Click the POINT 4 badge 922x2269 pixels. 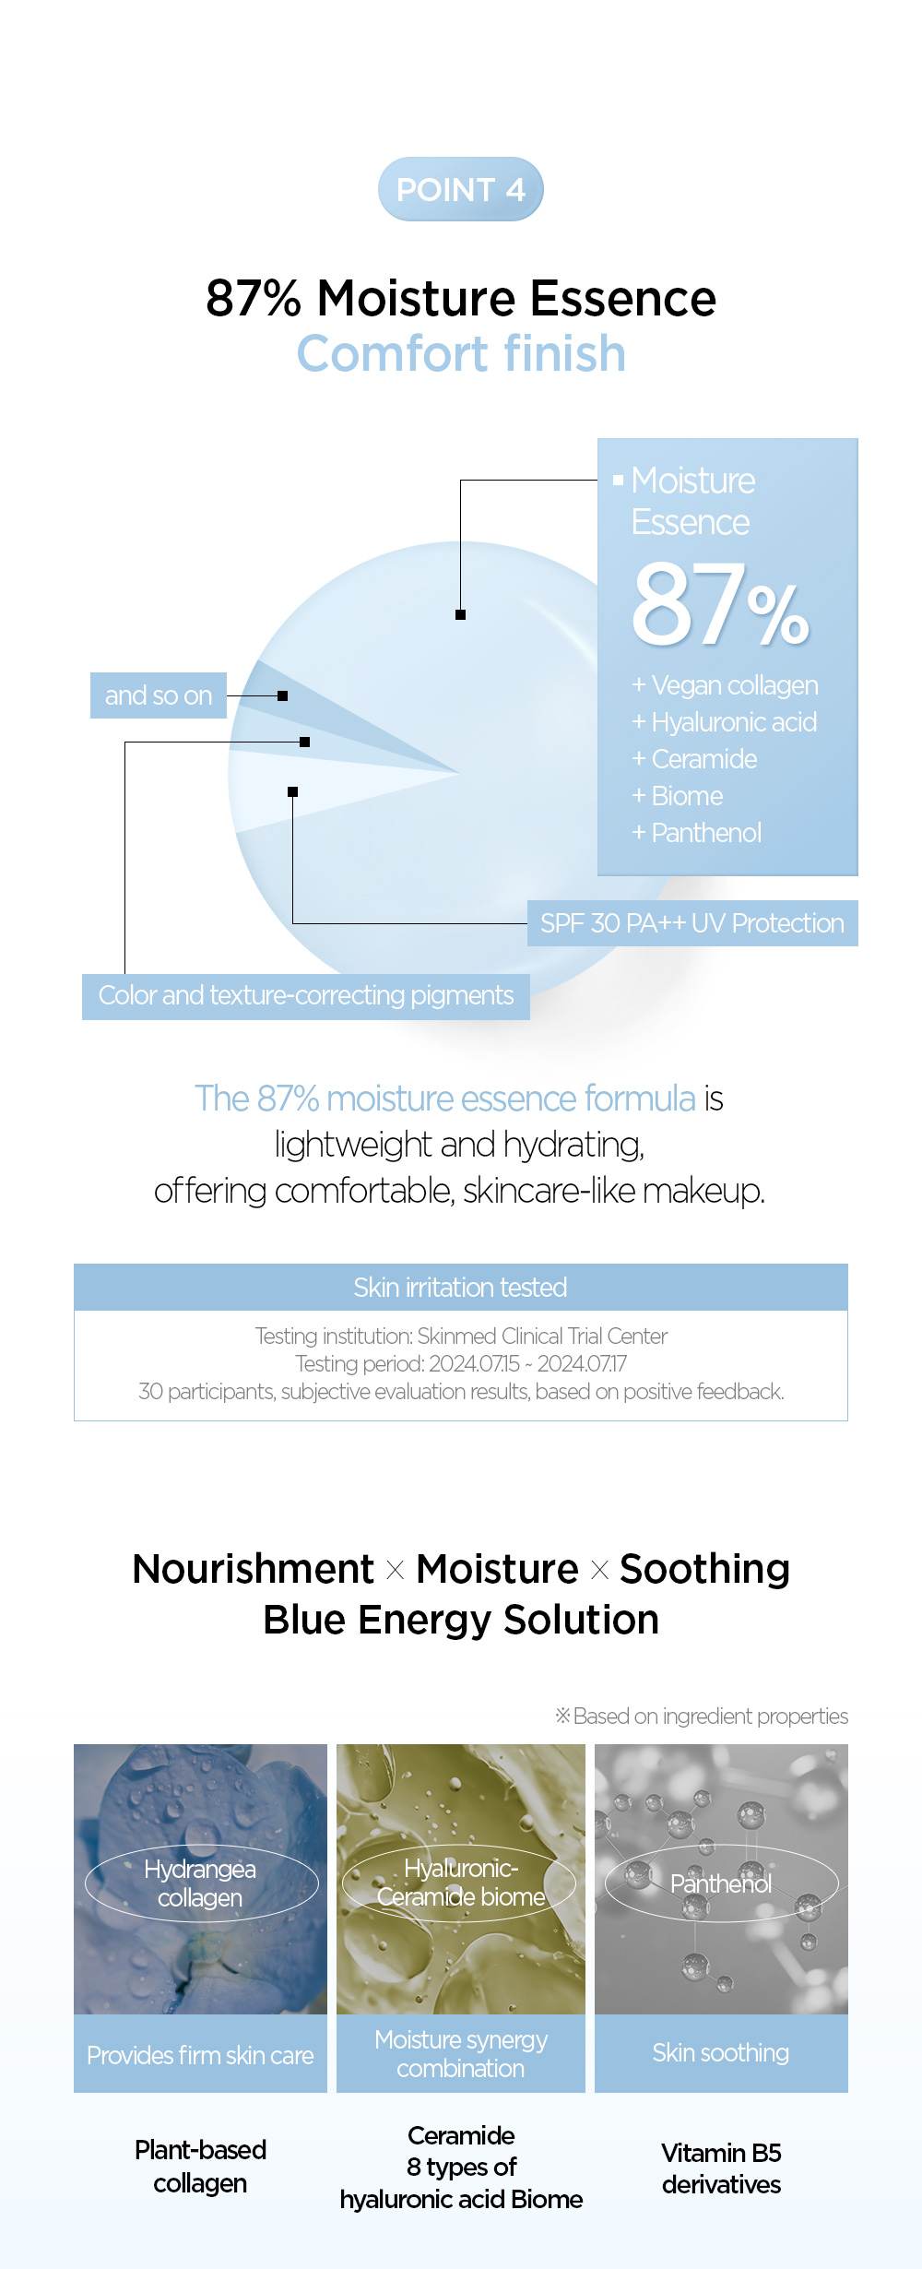[461, 189]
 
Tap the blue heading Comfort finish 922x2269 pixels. [461, 353]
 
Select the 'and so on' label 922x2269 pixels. [159, 695]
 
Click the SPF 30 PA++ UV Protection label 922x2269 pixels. [692, 923]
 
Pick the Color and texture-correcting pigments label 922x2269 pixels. [306, 996]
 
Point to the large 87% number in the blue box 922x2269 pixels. [720, 605]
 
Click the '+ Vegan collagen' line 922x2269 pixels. [726, 685]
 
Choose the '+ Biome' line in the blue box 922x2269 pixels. [678, 796]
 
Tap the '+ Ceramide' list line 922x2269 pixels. [694, 759]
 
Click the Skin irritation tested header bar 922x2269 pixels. [461, 1288]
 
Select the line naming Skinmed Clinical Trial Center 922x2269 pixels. [461, 1336]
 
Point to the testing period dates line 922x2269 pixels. [461, 1363]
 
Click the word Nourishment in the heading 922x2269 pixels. [254, 1569]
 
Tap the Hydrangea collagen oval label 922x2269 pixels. [201, 1883]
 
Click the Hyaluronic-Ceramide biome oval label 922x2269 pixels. [460, 1883]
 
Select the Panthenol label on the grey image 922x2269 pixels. [721, 1883]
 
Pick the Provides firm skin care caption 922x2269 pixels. [200, 2055]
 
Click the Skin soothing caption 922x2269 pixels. [721, 2053]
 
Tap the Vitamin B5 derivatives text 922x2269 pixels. [721, 2168]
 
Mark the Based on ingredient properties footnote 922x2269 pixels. [702, 1717]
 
